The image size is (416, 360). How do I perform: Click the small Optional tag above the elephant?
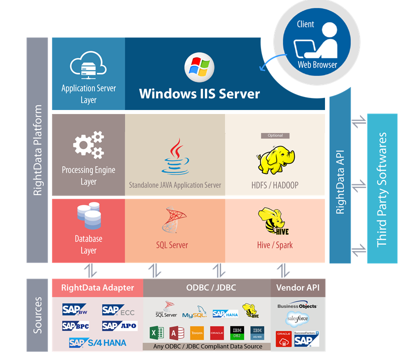click(x=275, y=135)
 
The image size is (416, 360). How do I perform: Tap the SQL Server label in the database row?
click(x=171, y=245)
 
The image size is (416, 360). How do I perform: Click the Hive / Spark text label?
click(x=274, y=245)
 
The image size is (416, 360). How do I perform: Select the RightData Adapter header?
click(x=97, y=287)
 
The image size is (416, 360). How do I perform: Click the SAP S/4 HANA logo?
click(x=97, y=342)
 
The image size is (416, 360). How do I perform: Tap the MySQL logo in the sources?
click(x=194, y=313)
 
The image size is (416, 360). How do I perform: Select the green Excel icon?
click(x=156, y=333)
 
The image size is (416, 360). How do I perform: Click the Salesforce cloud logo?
click(x=297, y=318)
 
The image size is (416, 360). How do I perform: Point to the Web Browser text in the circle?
click(x=317, y=64)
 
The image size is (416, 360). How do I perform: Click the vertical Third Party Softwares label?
click(x=382, y=189)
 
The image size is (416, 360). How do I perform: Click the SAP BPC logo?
click(x=76, y=326)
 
